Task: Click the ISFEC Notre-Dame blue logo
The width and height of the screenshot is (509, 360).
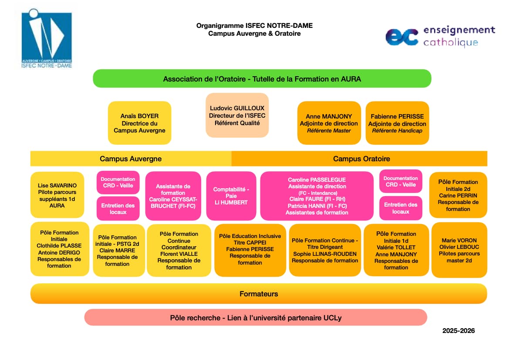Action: (x=47, y=39)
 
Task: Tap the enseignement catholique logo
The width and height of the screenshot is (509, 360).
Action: (x=440, y=36)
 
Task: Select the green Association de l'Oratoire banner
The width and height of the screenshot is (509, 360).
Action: (x=262, y=79)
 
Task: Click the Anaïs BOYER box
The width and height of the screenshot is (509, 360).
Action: (x=139, y=123)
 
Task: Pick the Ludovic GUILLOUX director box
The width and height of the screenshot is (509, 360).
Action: (x=237, y=115)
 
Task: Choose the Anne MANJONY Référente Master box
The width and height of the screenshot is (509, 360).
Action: (x=329, y=123)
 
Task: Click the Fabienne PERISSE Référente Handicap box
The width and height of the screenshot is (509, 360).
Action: (x=397, y=123)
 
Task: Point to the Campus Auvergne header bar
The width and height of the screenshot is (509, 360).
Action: (x=131, y=159)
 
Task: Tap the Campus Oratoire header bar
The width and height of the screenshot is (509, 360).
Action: (x=361, y=159)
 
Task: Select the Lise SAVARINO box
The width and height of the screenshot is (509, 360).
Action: (x=57, y=195)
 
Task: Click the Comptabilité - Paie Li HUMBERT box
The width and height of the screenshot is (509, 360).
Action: (x=231, y=196)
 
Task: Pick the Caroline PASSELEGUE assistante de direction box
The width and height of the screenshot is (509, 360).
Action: (x=317, y=196)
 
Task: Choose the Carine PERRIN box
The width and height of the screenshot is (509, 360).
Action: (x=458, y=195)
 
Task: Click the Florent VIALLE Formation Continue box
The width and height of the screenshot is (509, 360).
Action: (x=179, y=250)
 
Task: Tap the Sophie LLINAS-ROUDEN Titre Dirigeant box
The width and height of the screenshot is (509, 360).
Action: (x=325, y=250)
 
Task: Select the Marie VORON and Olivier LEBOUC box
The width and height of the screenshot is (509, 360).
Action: (x=459, y=250)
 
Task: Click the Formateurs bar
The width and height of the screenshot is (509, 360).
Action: (x=259, y=294)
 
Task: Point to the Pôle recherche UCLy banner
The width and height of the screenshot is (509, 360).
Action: (x=256, y=318)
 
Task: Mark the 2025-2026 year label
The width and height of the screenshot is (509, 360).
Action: (x=458, y=331)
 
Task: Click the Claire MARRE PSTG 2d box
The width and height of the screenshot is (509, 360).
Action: (x=118, y=250)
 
